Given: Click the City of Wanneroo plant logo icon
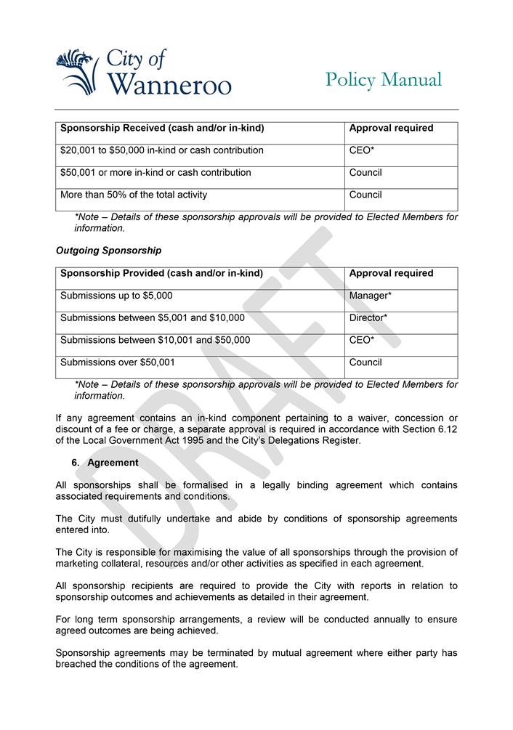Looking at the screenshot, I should (x=77, y=71).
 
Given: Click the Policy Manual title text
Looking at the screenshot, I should (x=383, y=79).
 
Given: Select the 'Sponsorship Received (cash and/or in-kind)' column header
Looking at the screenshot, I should (x=162, y=129).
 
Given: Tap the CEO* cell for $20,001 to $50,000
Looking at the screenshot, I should (x=362, y=150).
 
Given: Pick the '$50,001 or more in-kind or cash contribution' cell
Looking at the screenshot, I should (x=155, y=173).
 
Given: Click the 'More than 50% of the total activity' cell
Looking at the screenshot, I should (x=134, y=195).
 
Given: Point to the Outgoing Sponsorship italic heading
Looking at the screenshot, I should (x=108, y=251).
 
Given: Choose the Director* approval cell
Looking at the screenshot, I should (x=368, y=317).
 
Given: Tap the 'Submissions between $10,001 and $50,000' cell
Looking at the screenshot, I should (x=155, y=340).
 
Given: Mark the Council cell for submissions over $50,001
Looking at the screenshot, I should (x=365, y=362).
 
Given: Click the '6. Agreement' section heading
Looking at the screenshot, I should (x=105, y=463).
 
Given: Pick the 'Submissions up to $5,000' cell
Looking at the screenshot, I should (x=116, y=296).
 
